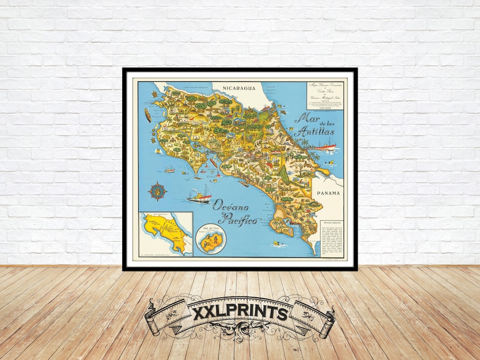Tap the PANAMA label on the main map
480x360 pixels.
click(x=328, y=193)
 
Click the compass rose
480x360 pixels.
click(x=157, y=191)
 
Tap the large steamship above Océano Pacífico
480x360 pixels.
click(x=199, y=196)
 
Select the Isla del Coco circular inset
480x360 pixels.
click(x=211, y=240)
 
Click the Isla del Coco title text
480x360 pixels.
click(x=209, y=231)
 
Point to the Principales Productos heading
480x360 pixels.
click(x=331, y=222)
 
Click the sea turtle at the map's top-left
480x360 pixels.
click(x=153, y=95)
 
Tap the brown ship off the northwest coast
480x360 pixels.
click(x=147, y=115)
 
